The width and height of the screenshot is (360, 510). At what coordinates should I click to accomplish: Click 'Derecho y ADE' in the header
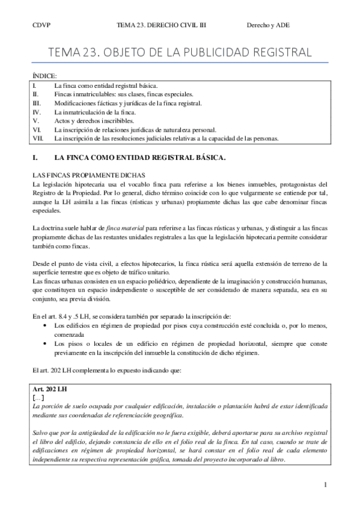tap(268, 25)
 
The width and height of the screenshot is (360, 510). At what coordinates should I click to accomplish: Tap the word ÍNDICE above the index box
tap(44, 76)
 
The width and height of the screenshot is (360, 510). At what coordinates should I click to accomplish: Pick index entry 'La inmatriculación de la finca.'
tap(95, 112)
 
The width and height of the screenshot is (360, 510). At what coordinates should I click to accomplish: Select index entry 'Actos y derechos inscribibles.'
tap(94, 120)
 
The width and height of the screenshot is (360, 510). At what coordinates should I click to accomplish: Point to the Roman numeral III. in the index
tap(37, 103)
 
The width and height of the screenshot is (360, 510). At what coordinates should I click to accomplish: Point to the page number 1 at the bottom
tap(325, 485)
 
